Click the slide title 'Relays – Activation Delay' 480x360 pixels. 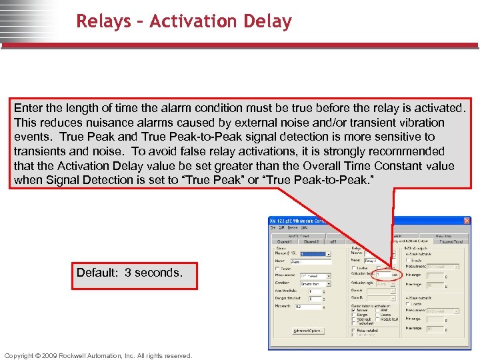pyautogui.click(x=184, y=21)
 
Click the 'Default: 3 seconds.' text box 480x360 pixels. pyautogui.click(x=129, y=273)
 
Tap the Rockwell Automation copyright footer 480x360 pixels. pyautogui.click(x=98, y=355)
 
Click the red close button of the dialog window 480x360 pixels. pyautogui.click(x=466, y=221)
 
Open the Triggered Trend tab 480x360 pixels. pyautogui.click(x=450, y=242)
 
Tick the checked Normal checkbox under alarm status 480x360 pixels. pyautogui.click(x=354, y=310)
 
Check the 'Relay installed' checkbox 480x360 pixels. pyautogui.click(x=354, y=330)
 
